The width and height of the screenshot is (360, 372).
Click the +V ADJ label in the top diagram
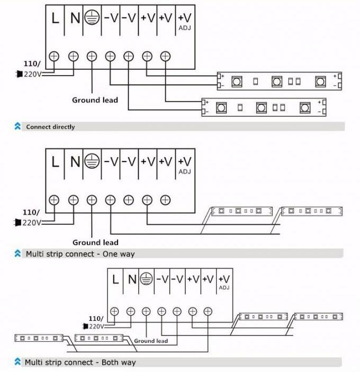(184, 21)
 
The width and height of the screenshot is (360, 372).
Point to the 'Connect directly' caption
(51, 127)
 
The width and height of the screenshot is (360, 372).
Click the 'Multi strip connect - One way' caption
(80, 254)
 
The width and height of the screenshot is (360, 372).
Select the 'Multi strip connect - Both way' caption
(81, 362)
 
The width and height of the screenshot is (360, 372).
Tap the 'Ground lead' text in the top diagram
(95, 99)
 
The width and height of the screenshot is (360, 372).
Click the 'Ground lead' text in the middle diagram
(95, 242)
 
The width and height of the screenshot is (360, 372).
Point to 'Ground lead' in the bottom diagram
(151, 341)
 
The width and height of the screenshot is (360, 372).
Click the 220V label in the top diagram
(33, 74)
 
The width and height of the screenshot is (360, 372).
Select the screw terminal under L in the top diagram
(54, 56)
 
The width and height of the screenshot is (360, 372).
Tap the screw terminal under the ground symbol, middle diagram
(92, 199)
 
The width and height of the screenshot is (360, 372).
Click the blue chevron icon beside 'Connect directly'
(17, 127)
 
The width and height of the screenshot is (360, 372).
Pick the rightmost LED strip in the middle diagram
(312, 211)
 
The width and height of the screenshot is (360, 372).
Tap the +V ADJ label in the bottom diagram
(224, 282)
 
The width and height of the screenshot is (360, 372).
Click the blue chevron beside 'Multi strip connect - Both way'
(17, 362)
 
